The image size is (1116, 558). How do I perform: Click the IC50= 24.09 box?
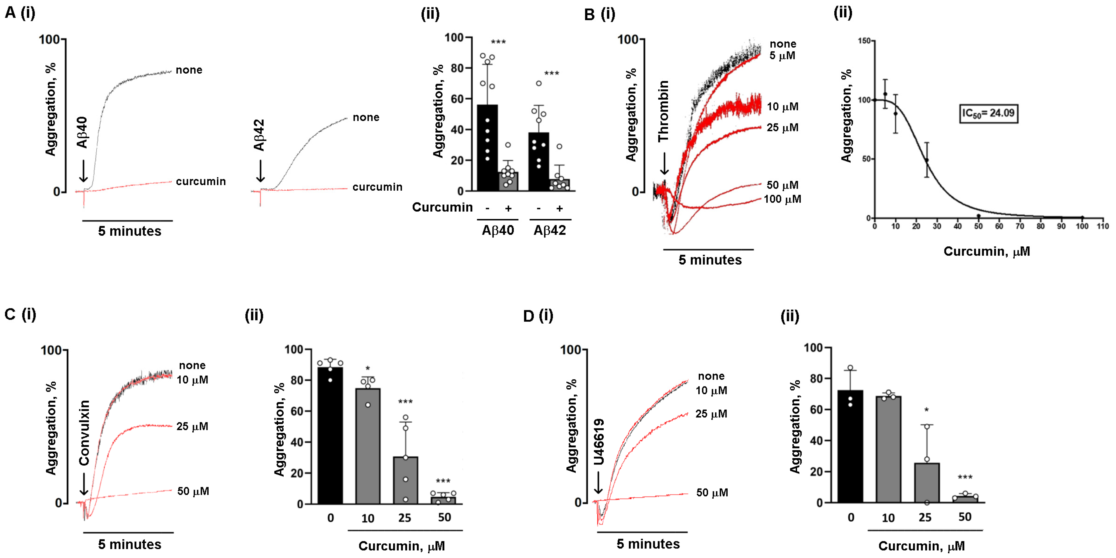click(988, 113)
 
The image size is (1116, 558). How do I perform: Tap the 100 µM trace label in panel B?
click(783, 199)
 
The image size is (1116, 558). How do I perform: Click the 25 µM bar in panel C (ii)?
click(405, 481)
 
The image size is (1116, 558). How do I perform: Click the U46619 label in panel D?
click(599, 442)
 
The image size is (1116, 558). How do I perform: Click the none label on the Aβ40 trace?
click(189, 70)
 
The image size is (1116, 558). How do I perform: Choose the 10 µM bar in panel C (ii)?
click(368, 446)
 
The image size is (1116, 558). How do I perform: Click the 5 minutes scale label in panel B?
click(710, 260)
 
